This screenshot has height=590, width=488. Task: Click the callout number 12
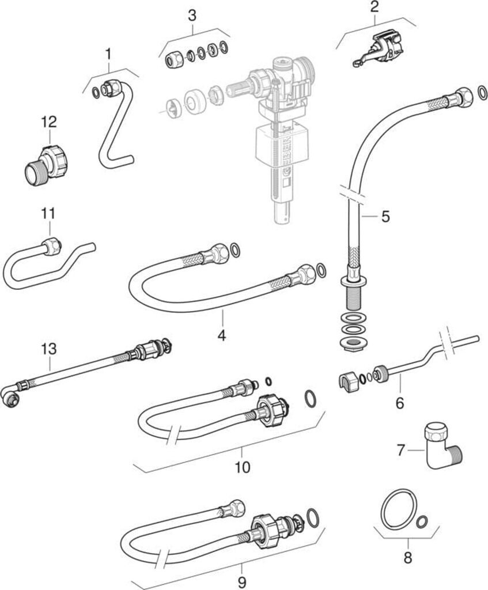(50, 122)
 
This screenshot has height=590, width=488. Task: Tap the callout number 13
(50, 349)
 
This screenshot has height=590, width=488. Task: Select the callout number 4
(222, 335)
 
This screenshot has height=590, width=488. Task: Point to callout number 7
(400, 449)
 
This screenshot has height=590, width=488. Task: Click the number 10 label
(243, 467)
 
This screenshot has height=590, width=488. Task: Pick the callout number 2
(374, 7)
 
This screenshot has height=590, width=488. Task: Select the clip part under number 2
(378, 50)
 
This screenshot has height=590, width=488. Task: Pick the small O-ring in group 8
(422, 521)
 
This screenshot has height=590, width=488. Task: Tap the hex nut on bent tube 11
(52, 247)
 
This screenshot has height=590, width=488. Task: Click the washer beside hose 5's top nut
(482, 92)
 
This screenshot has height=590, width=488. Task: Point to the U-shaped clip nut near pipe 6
(349, 383)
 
